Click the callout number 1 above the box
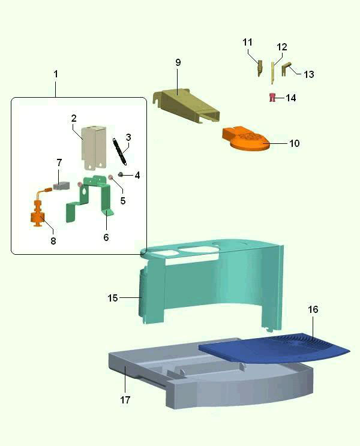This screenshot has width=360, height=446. pos(56,74)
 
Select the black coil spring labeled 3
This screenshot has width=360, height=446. pos(120,152)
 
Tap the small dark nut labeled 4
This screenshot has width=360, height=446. pos(121,174)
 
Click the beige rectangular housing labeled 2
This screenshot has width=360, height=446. pos(94,148)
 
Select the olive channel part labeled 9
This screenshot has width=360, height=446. pos(187,106)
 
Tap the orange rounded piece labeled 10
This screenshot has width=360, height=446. pos(246,138)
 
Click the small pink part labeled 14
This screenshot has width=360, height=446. pos(272,97)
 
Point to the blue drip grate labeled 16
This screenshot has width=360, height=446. pos(274,348)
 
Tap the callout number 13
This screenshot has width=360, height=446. pos(309,74)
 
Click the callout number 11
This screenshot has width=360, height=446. pos(247,42)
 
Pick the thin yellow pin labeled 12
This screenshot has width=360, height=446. pos(272,73)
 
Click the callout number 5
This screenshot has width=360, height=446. pos(122,201)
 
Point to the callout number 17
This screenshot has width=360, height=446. pos(125,400)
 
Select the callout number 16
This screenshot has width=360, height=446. pos(313,309)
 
